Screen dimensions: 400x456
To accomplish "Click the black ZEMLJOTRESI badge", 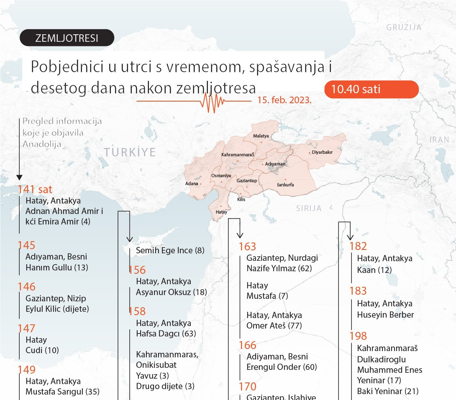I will (x=67, y=38).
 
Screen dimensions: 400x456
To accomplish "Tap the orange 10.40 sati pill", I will (x=371, y=89).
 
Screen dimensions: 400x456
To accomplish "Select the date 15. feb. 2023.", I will (x=284, y=101).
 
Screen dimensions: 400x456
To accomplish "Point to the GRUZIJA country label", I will (x=404, y=28).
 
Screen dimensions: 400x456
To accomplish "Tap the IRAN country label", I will (x=439, y=140).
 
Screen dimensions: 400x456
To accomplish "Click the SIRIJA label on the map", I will (x=309, y=208).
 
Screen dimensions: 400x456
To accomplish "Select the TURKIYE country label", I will (x=130, y=152).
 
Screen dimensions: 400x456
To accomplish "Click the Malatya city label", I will (x=261, y=136).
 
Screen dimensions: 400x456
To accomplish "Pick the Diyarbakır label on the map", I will (x=322, y=153).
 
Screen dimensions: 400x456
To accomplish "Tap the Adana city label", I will (x=192, y=183).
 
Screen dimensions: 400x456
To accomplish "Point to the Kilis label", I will (x=241, y=200).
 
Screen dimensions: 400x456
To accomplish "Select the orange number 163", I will (x=247, y=247).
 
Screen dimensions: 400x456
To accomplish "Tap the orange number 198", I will (x=358, y=336).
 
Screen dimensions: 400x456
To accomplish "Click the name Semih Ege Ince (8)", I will (x=170, y=251).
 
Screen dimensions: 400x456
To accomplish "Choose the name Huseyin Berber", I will (x=385, y=315).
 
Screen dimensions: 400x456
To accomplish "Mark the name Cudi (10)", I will (x=42, y=350).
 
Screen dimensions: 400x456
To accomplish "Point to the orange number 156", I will (x=137, y=270).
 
